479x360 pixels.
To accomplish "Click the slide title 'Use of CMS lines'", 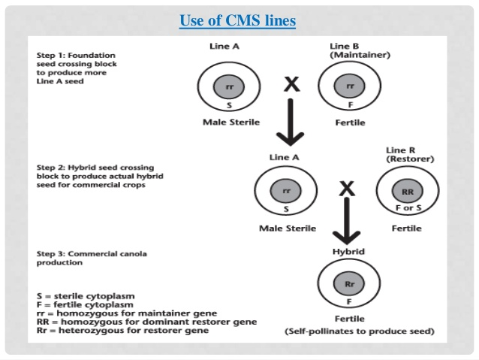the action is [x=237, y=21].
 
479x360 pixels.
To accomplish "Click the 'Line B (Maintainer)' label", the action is [x=360, y=50].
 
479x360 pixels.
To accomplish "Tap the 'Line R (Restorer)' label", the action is [x=410, y=155].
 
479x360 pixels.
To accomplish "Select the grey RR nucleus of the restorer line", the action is [x=408, y=191].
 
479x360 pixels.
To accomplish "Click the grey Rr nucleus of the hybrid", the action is [x=349, y=284].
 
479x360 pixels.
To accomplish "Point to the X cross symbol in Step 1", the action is [x=292, y=84].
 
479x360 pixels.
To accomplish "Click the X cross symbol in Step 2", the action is [x=347, y=189].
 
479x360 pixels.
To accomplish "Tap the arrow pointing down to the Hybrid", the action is [x=347, y=221].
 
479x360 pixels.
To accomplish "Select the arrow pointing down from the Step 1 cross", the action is [x=291, y=122].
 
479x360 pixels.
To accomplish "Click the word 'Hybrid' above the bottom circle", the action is [x=348, y=252].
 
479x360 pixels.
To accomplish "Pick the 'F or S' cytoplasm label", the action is [x=408, y=208].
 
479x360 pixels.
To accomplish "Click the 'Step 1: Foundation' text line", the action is [x=76, y=56].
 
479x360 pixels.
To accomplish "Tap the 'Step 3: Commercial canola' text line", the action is [x=92, y=254].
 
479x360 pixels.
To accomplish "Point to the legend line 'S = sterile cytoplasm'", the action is [x=86, y=296].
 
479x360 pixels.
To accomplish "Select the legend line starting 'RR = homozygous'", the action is [x=146, y=322].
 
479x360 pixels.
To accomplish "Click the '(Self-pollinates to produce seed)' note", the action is [x=360, y=331].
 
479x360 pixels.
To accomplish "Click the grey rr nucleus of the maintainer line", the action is [x=349, y=86].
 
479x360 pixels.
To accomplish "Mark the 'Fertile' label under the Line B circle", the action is [x=350, y=123].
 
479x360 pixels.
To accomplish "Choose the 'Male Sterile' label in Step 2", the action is [x=288, y=228].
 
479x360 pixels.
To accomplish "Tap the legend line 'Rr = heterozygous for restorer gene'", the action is [x=122, y=331].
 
